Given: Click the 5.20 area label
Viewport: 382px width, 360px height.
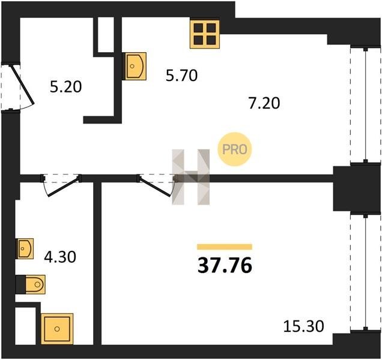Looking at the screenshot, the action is pyautogui.click(x=66, y=87).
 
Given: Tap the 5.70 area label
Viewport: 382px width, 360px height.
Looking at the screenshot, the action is pyautogui.click(x=181, y=76).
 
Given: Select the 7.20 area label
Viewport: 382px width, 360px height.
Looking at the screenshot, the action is pyautogui.click(x=264, y=103).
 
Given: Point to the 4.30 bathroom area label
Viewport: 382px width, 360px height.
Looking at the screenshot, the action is pyautogui.click(x=60, y=257).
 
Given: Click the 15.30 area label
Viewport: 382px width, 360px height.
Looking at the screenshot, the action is pyautogui.click(x=303, y=326).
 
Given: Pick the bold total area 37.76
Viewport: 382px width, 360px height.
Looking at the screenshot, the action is pyautogui.click(x=225, y=266).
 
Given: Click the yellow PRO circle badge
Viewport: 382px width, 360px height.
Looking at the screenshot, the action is pyautogui.click(x=234, y=149).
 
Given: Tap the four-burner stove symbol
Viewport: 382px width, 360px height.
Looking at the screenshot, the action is pyautogui.click(x=205, y=34).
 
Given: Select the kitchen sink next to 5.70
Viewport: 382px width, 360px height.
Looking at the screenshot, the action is pyautogui.click(x=134, y=66).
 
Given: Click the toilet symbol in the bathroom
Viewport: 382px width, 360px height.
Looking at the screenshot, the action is pyautogui.click(x=31, y=284).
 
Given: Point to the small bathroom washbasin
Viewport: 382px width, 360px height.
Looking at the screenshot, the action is pyautogui.click(x=25, y=248).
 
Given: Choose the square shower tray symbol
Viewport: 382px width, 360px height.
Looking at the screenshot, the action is pyautogui.click(x=57, y=329).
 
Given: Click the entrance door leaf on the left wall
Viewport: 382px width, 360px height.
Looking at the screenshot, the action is pyautogui.click(x=22, y=84).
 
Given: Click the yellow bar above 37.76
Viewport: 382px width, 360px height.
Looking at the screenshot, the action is pyautogui.click(x=225, y=247).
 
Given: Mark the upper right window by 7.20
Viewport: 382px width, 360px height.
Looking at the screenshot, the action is pyautogui.click(x=365, y=104).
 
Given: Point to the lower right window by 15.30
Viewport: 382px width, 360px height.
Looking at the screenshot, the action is pyautogui.click(x=365, y=272).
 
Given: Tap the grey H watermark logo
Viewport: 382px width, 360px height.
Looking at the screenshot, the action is pyautogui.click(x=191, y=177).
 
